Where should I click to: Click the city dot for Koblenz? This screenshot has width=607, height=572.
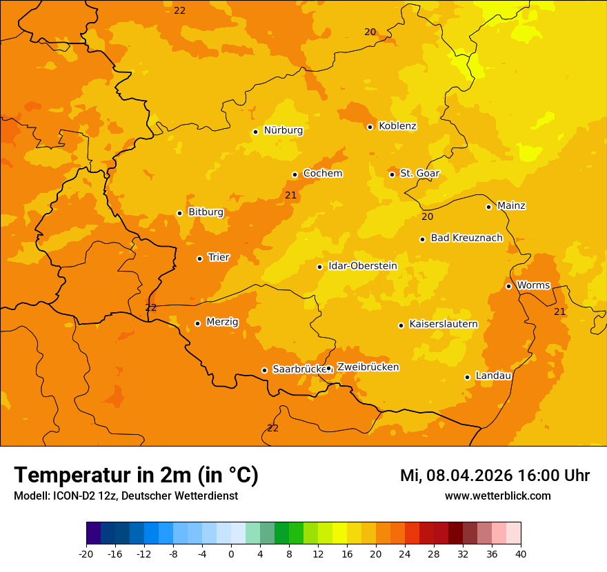pos(370,127)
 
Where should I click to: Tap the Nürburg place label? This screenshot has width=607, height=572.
pos(283,130)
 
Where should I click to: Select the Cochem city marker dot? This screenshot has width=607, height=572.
pos(295,174)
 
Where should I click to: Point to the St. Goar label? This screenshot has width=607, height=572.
pos(419,174)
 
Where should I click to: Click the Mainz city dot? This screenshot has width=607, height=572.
pos(488,207)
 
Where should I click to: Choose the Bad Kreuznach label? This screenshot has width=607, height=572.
pos(466,238)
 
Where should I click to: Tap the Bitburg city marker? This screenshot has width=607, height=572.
pos(179,213)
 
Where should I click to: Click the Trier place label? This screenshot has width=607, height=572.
pos(219,258)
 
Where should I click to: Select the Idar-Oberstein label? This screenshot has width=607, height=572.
pos(362,266)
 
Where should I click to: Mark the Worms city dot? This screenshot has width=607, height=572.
pos(508,286)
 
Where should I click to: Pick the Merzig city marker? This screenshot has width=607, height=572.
pos(197,323)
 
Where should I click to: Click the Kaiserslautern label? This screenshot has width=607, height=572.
pos(444,324)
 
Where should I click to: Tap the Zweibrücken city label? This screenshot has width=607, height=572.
pos(368,367)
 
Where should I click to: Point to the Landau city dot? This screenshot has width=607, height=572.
pos(467,377)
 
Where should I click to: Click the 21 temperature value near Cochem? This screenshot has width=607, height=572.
pos(291,196)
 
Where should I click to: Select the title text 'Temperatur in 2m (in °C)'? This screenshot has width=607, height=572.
pos(136,475)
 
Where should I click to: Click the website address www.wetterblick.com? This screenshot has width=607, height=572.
pos(497,496)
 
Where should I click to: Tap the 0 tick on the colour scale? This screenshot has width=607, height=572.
pos(231,554)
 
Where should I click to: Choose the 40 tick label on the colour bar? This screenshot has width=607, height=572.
pos(520,554)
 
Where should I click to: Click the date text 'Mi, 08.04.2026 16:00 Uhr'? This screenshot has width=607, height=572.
pos(495,476)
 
